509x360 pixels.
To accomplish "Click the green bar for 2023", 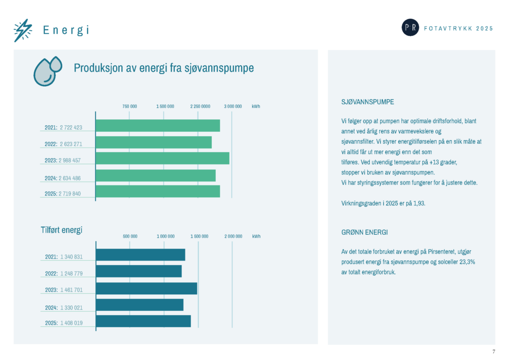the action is tap(163, 158).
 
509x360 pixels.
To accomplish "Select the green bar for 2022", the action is tap(154, 142).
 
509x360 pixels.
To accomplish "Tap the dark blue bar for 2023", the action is tap(147, 288).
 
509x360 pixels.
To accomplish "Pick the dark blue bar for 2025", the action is tap(144, 321).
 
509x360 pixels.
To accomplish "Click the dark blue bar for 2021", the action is tap(141, 255).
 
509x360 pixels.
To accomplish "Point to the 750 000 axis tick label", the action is tap(130, 106).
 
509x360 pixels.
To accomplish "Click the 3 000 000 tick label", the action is tap(233, 106).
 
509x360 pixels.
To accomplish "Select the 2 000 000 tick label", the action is tap(234, 236).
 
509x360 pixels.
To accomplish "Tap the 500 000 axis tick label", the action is tap(130, 236).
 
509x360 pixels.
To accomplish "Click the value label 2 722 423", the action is tap(71, 128).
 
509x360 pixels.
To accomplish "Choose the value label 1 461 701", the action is tap(72, 290).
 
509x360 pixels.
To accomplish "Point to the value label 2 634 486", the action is tap(70, 178).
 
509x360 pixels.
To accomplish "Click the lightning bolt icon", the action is tap(23, 30).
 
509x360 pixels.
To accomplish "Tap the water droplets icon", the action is tap(47, 72).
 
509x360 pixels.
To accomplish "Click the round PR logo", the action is tap(410, 27).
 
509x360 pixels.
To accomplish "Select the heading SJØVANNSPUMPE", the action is tap(367, 102).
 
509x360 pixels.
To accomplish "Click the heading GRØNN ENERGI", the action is tap(364, 232).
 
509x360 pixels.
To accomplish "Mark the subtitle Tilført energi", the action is tap(61, 230).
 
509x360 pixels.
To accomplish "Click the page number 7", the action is tap(494, 352).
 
